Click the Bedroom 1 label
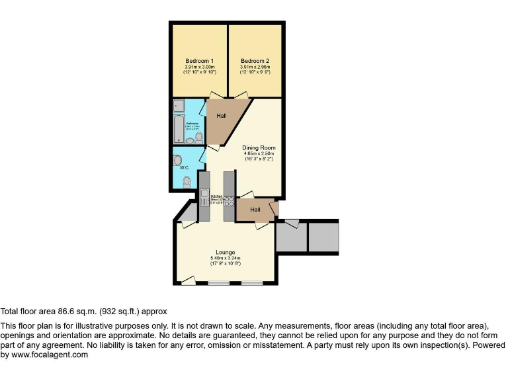tap(199, 62)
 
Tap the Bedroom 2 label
tap(255, 62)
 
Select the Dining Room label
tap(259, 148)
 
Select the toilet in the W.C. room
tap(187, 181)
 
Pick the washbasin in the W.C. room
tap(177, 161)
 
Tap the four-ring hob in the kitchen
tap(230, 200)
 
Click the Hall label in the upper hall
tap(221, 116)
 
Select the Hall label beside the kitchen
tap(255, 210)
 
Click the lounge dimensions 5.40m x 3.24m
tap(226, 258)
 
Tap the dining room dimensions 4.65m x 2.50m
tap(259, 153)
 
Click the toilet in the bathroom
tap(199, 137)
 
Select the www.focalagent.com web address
tap(50, 355)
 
